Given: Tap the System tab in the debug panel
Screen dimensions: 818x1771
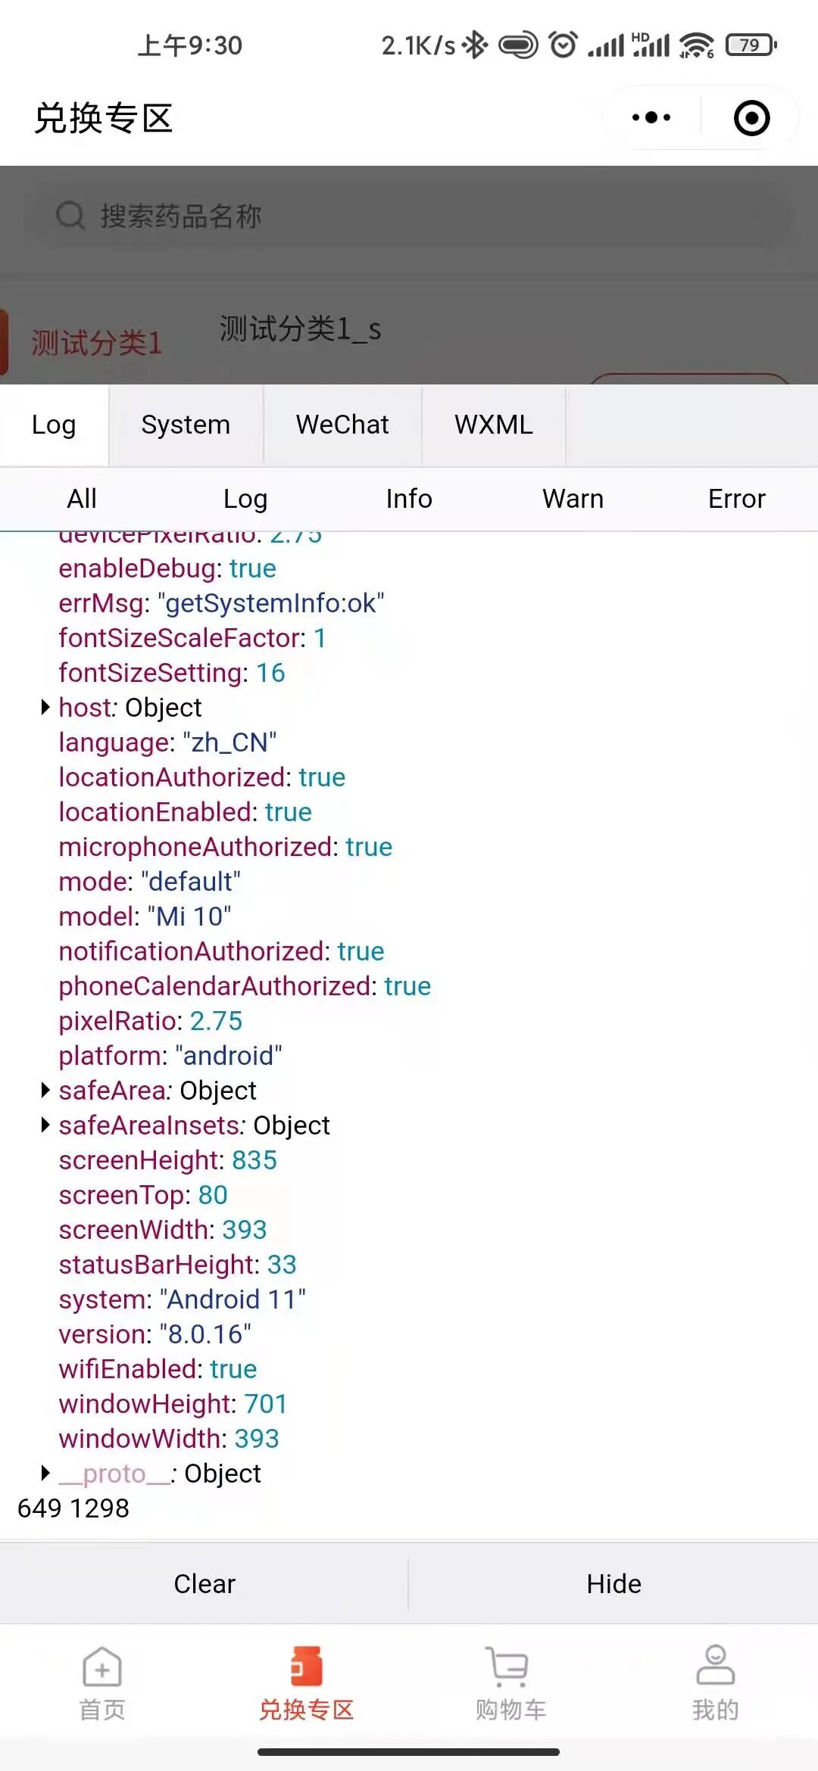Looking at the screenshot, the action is tap(186, 425).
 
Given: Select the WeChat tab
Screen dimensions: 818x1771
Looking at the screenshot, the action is tap(342, 425).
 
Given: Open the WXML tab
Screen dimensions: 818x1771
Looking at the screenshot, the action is tap(494, 425).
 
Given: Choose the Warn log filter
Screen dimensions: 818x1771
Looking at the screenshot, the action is tap(573, 499).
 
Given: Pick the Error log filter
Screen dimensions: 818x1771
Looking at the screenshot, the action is tap(736, 499).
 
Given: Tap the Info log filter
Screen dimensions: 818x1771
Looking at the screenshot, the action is tap(409, 499).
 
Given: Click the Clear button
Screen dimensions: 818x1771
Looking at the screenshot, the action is tap(204, 1584).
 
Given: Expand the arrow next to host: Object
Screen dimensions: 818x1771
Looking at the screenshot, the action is tap(45, 707).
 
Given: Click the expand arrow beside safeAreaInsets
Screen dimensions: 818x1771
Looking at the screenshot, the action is tap(45, 1125).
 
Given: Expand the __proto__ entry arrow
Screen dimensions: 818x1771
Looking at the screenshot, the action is tap(45, 1473).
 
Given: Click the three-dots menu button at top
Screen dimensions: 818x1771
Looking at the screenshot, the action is tap(651, 118).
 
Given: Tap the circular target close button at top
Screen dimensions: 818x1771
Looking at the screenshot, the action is tap(751, 118).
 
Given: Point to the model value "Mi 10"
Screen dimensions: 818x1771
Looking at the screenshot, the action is tap(189, 917).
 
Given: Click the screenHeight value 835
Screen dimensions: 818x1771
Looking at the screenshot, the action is tap(254, 1160).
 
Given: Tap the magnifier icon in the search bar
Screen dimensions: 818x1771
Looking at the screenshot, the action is tap(70, 216).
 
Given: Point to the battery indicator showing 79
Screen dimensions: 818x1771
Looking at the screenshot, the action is tap(750, 45).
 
